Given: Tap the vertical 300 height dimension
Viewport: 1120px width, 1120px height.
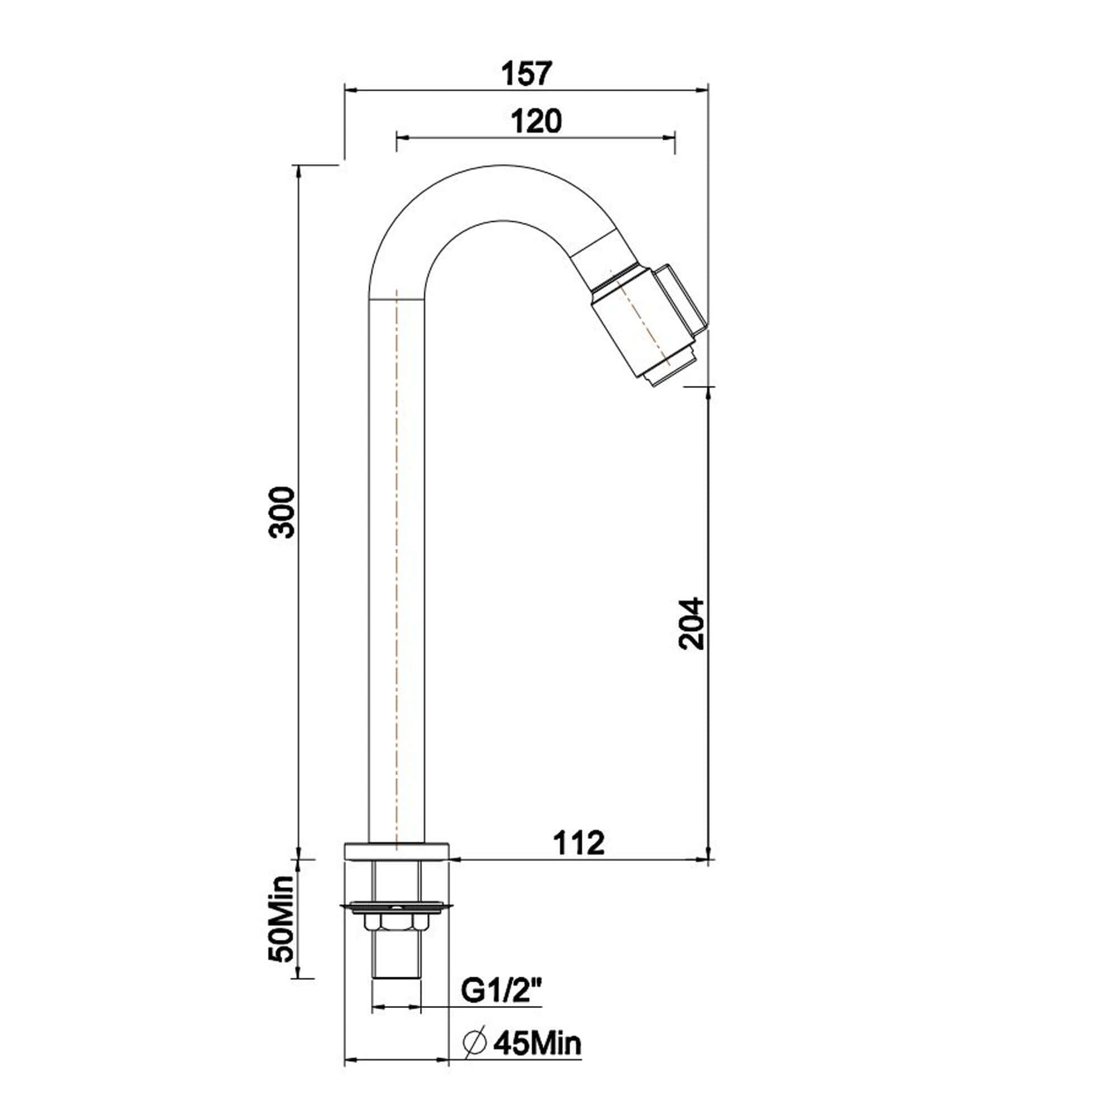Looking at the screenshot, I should (284, 512).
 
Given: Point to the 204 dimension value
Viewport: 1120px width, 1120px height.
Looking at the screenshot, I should (692, 623).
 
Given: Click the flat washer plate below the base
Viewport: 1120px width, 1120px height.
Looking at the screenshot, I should (396, 907).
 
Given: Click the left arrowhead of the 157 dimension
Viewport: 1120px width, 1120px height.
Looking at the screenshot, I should (349, 90).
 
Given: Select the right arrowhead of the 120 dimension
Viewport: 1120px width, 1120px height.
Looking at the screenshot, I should (671, 137).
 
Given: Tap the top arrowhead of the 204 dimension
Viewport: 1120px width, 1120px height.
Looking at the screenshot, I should (708, 393).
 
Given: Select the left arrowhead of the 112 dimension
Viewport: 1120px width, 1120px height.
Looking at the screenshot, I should (454, 859).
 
